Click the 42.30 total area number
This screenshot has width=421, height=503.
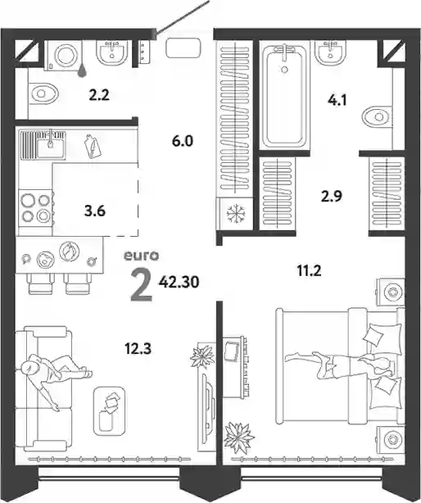179,282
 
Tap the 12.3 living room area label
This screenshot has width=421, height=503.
138,349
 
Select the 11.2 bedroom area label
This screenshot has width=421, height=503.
309,271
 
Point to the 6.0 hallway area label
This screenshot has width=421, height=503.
183,141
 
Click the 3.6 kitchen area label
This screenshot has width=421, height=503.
95,211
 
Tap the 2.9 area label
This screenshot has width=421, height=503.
332,196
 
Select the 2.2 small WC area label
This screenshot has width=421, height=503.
99,95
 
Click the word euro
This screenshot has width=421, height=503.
142,256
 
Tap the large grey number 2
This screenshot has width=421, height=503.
142,285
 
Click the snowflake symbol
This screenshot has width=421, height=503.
236,214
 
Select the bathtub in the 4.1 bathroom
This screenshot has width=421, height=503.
284,96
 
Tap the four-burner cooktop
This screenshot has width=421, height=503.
35,209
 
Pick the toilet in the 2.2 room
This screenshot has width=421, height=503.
43,93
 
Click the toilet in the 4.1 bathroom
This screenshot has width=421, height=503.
377,116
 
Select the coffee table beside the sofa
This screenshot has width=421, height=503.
109,411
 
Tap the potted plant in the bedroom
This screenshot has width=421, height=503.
239,438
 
